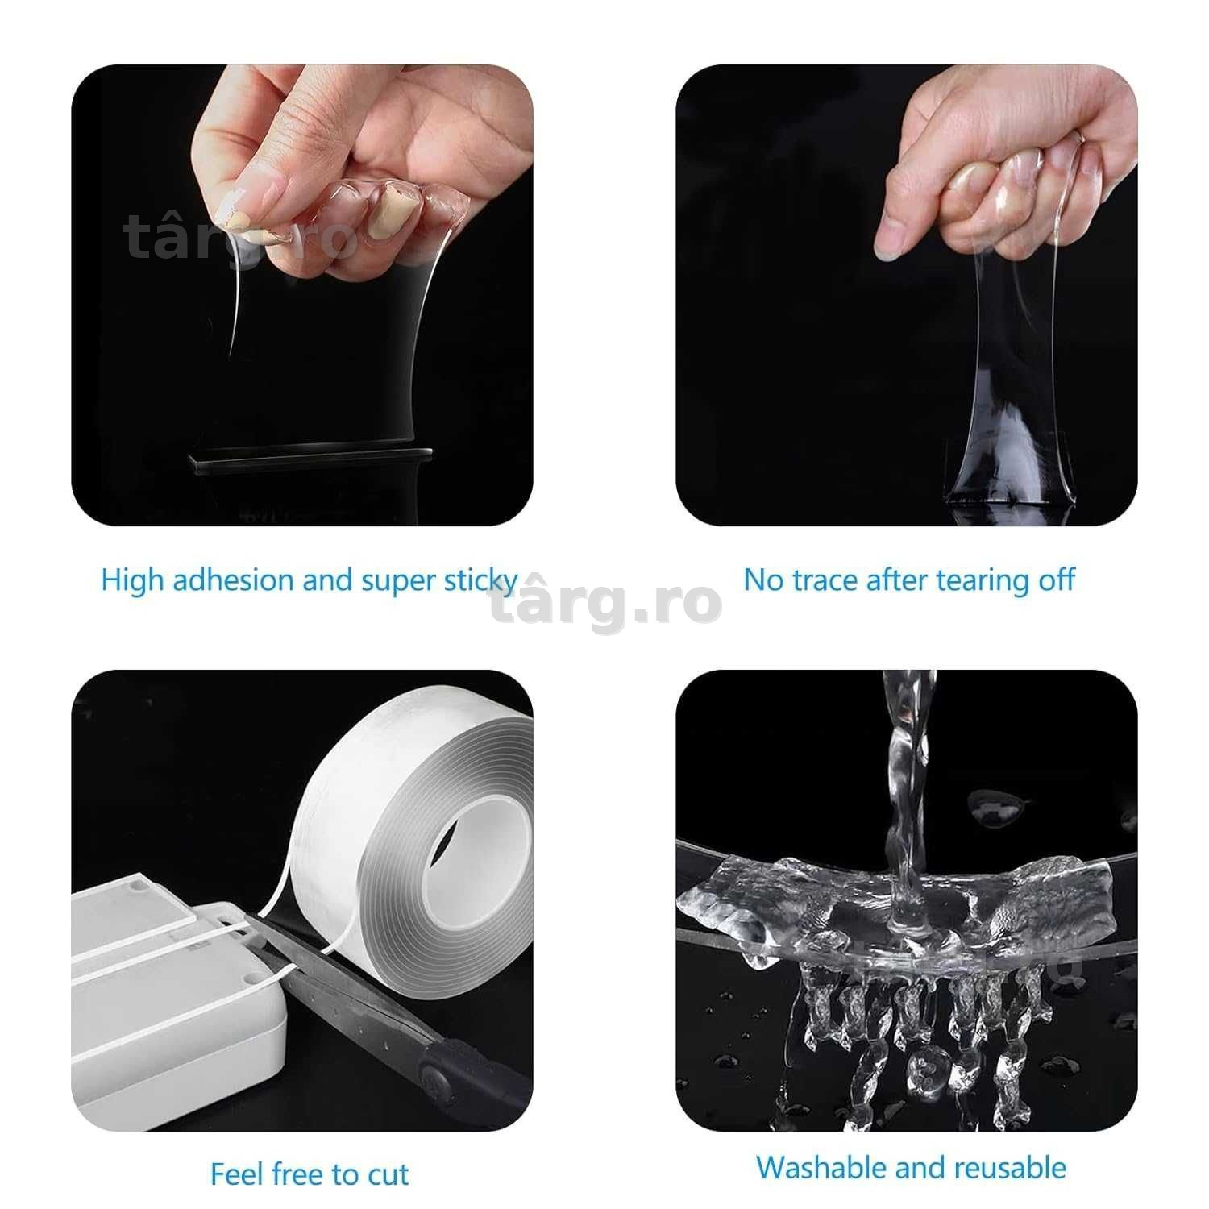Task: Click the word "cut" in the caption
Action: (x=388, y=1174)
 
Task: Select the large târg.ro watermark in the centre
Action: (x=604, y=603)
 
